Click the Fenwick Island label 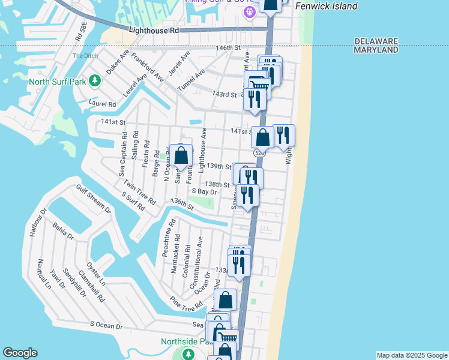327,6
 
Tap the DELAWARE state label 376,41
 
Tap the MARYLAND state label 376,50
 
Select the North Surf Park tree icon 94,80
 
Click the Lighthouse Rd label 154,30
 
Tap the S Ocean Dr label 106,326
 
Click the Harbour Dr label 38,222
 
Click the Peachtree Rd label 167,238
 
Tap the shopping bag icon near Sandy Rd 181,156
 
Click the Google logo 20,353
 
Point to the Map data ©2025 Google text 411,355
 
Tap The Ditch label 81,56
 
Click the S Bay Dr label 203,191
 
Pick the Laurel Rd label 101,104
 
